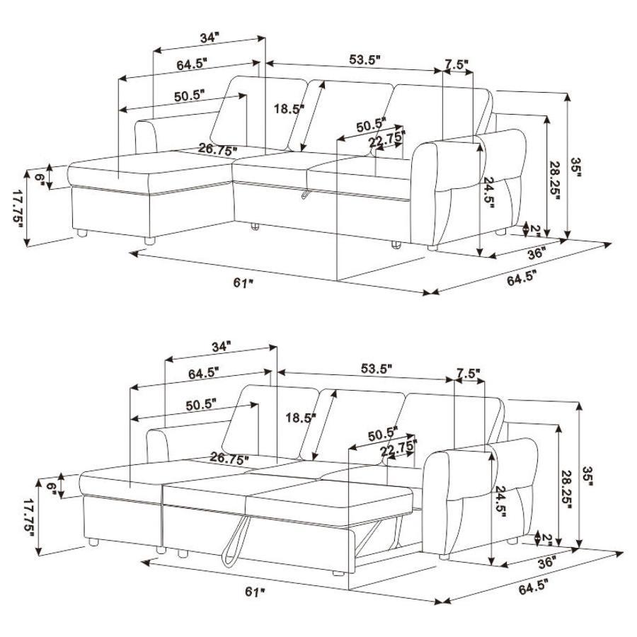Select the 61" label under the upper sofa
pos(243,283)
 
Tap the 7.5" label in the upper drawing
pos(457,64)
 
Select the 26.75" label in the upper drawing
pos(218,149)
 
